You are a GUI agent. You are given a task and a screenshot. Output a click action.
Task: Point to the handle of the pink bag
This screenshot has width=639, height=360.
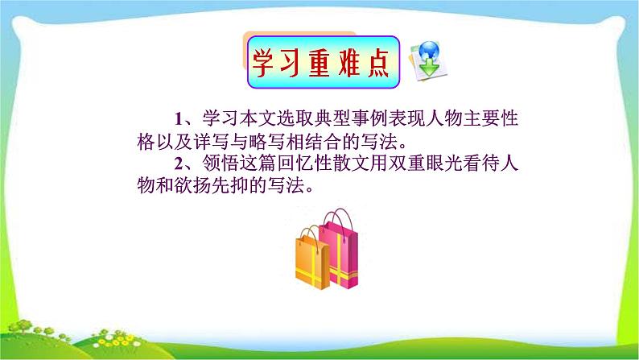(336, 217)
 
